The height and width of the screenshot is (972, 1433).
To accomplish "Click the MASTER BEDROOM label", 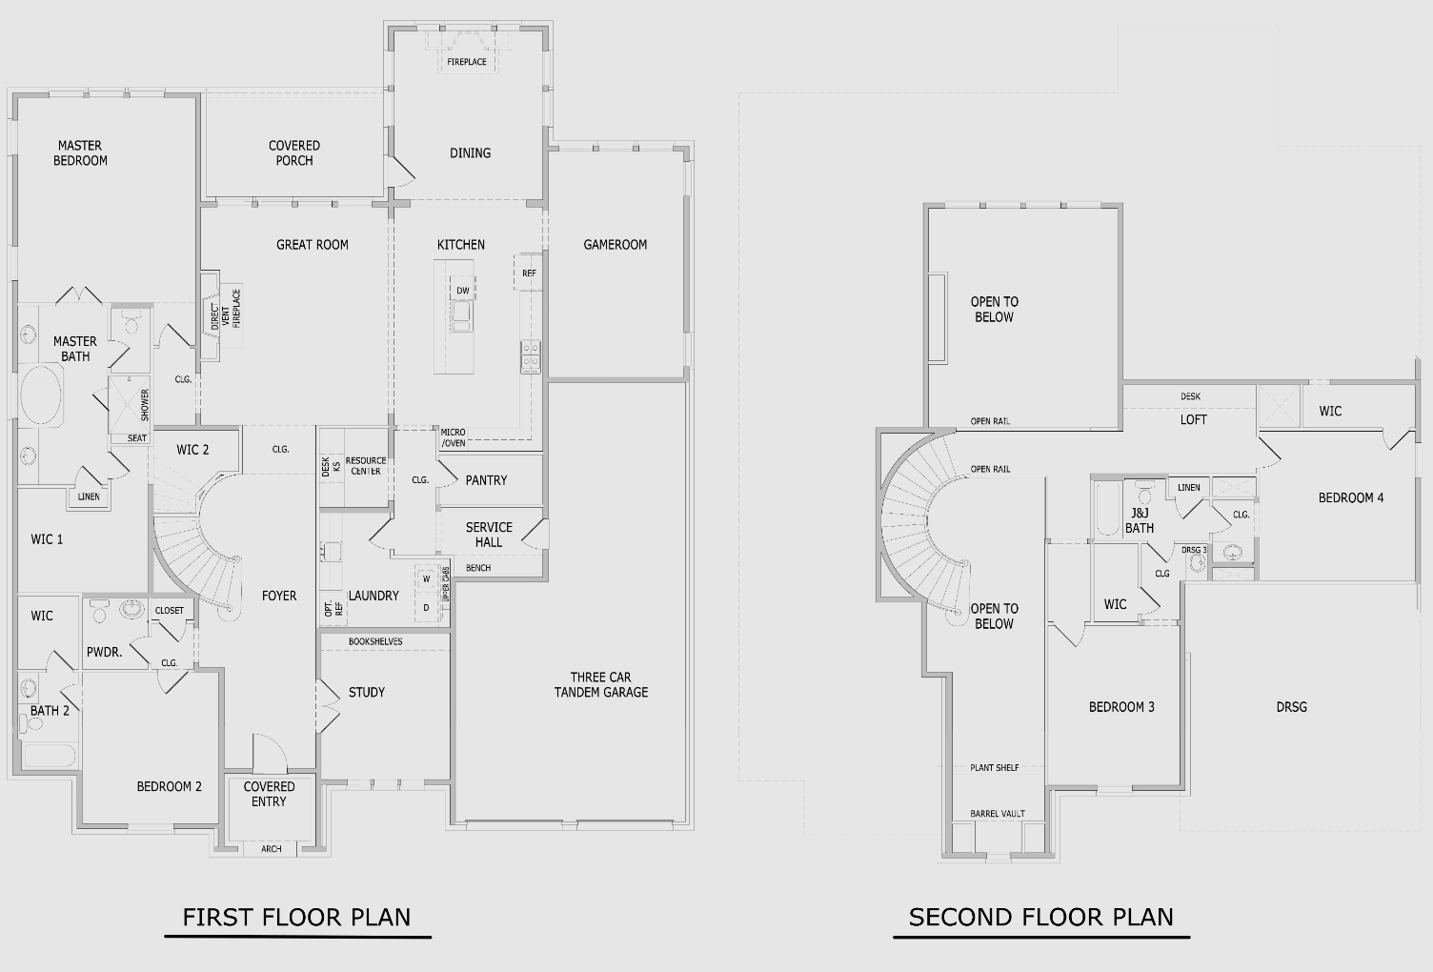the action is point(80,152).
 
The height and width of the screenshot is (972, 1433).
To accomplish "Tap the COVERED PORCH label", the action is point(294,152).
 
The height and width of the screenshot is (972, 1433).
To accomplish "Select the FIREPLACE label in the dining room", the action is point(466,62).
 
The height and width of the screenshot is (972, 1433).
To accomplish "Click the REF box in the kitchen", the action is point(529,273).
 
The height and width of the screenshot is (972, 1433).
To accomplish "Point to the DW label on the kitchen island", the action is point(462,291).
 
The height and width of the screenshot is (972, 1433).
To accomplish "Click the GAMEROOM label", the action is point(615,245).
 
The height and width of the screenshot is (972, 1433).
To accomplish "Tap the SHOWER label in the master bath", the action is point(145,405).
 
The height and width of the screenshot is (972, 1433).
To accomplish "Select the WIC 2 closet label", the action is point(192,450).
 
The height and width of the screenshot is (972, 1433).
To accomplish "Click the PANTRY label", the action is point(486,480).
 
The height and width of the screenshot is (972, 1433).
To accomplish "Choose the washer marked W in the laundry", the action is point(427,579).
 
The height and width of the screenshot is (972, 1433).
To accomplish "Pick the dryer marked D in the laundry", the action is point(427,608).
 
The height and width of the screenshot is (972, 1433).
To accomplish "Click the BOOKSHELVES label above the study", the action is point(375,641).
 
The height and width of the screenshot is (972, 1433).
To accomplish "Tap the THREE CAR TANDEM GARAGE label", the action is point(600,684).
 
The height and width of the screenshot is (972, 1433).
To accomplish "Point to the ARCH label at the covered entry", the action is point(272,848).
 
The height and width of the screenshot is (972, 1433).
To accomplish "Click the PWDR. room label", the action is point(104,652).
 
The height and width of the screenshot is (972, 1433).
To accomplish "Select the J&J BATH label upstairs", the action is point(1140,520).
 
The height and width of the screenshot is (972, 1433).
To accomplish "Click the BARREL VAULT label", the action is point(998,813).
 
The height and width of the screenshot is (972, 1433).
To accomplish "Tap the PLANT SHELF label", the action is point(994,767).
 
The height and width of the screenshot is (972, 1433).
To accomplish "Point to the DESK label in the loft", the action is point(1190,396).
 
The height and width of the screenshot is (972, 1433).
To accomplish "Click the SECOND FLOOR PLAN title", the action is point(1040,917).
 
